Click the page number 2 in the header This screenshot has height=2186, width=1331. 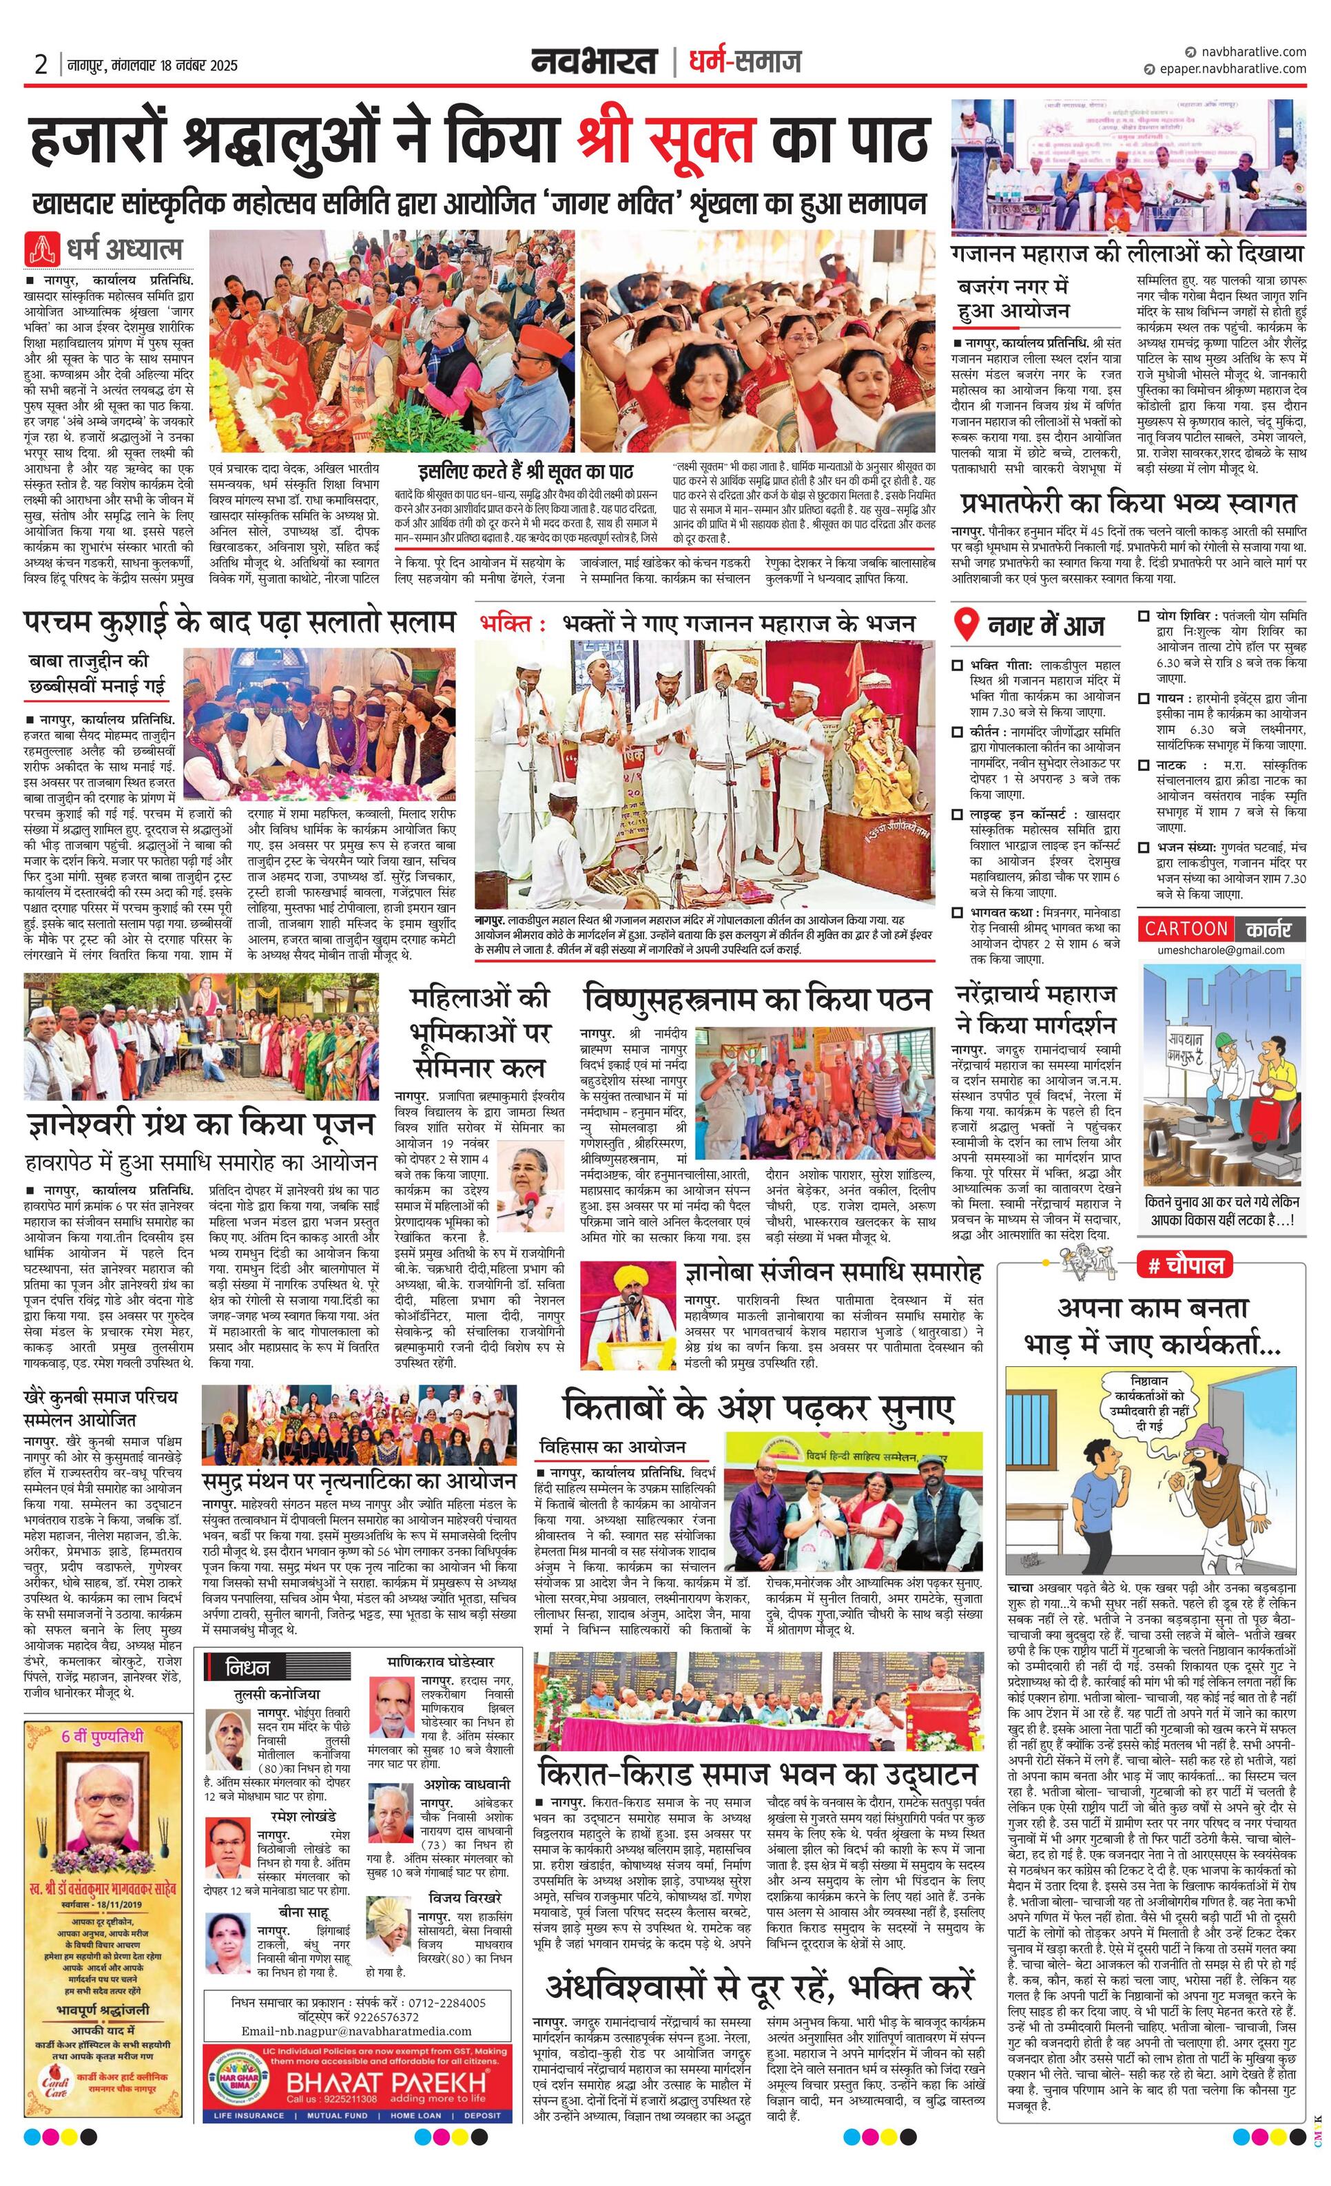coord(41,64)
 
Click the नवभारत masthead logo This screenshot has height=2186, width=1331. coord(595,61)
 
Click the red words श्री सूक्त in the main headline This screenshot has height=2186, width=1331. coord(665,139)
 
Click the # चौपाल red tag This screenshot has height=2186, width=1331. coord(1184,1264)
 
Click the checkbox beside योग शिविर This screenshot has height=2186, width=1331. coord(1145,615)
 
